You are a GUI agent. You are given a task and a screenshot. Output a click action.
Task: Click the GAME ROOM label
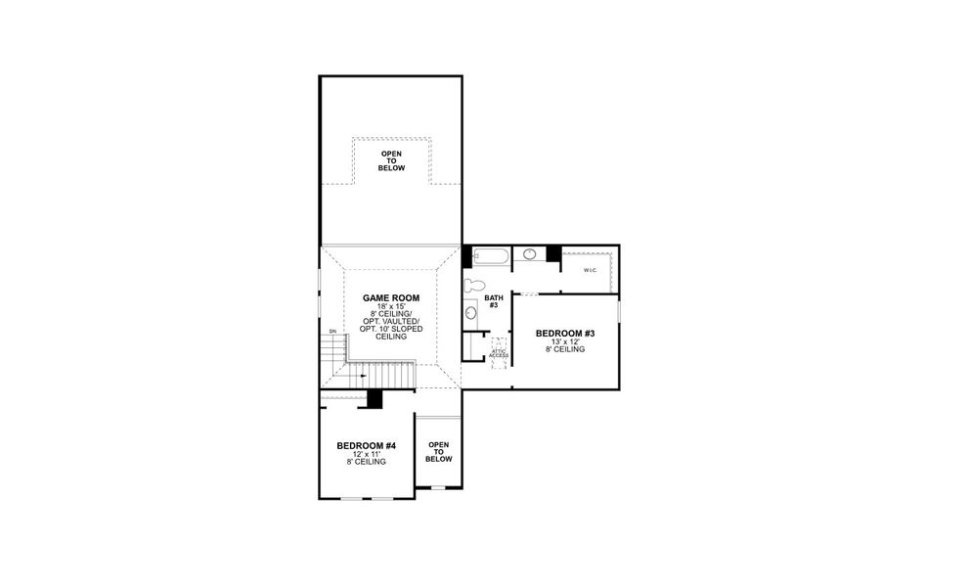point(391,297)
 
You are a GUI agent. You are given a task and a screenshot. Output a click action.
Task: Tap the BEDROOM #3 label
point(565,334)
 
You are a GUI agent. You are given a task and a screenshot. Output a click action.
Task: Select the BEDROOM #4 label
point(367,445)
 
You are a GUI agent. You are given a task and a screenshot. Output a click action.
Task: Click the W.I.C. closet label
point(591,270)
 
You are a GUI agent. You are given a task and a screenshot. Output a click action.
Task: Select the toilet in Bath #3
point(475,286)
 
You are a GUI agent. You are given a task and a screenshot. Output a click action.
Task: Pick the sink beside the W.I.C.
point(529,254)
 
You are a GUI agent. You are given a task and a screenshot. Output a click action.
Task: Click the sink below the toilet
point(471,313)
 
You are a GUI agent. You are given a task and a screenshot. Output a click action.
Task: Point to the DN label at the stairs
point(333,332)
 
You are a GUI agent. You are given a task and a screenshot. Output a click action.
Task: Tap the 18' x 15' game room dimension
point(391,306)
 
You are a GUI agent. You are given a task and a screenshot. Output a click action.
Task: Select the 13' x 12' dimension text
point(565,341)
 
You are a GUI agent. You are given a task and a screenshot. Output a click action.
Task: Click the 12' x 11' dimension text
point(367,454)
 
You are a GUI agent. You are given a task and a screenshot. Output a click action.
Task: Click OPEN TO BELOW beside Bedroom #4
point(439,451)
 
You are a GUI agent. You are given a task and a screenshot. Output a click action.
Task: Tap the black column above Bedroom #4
point(374,399)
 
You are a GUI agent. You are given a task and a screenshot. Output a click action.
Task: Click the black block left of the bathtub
point(467,255)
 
